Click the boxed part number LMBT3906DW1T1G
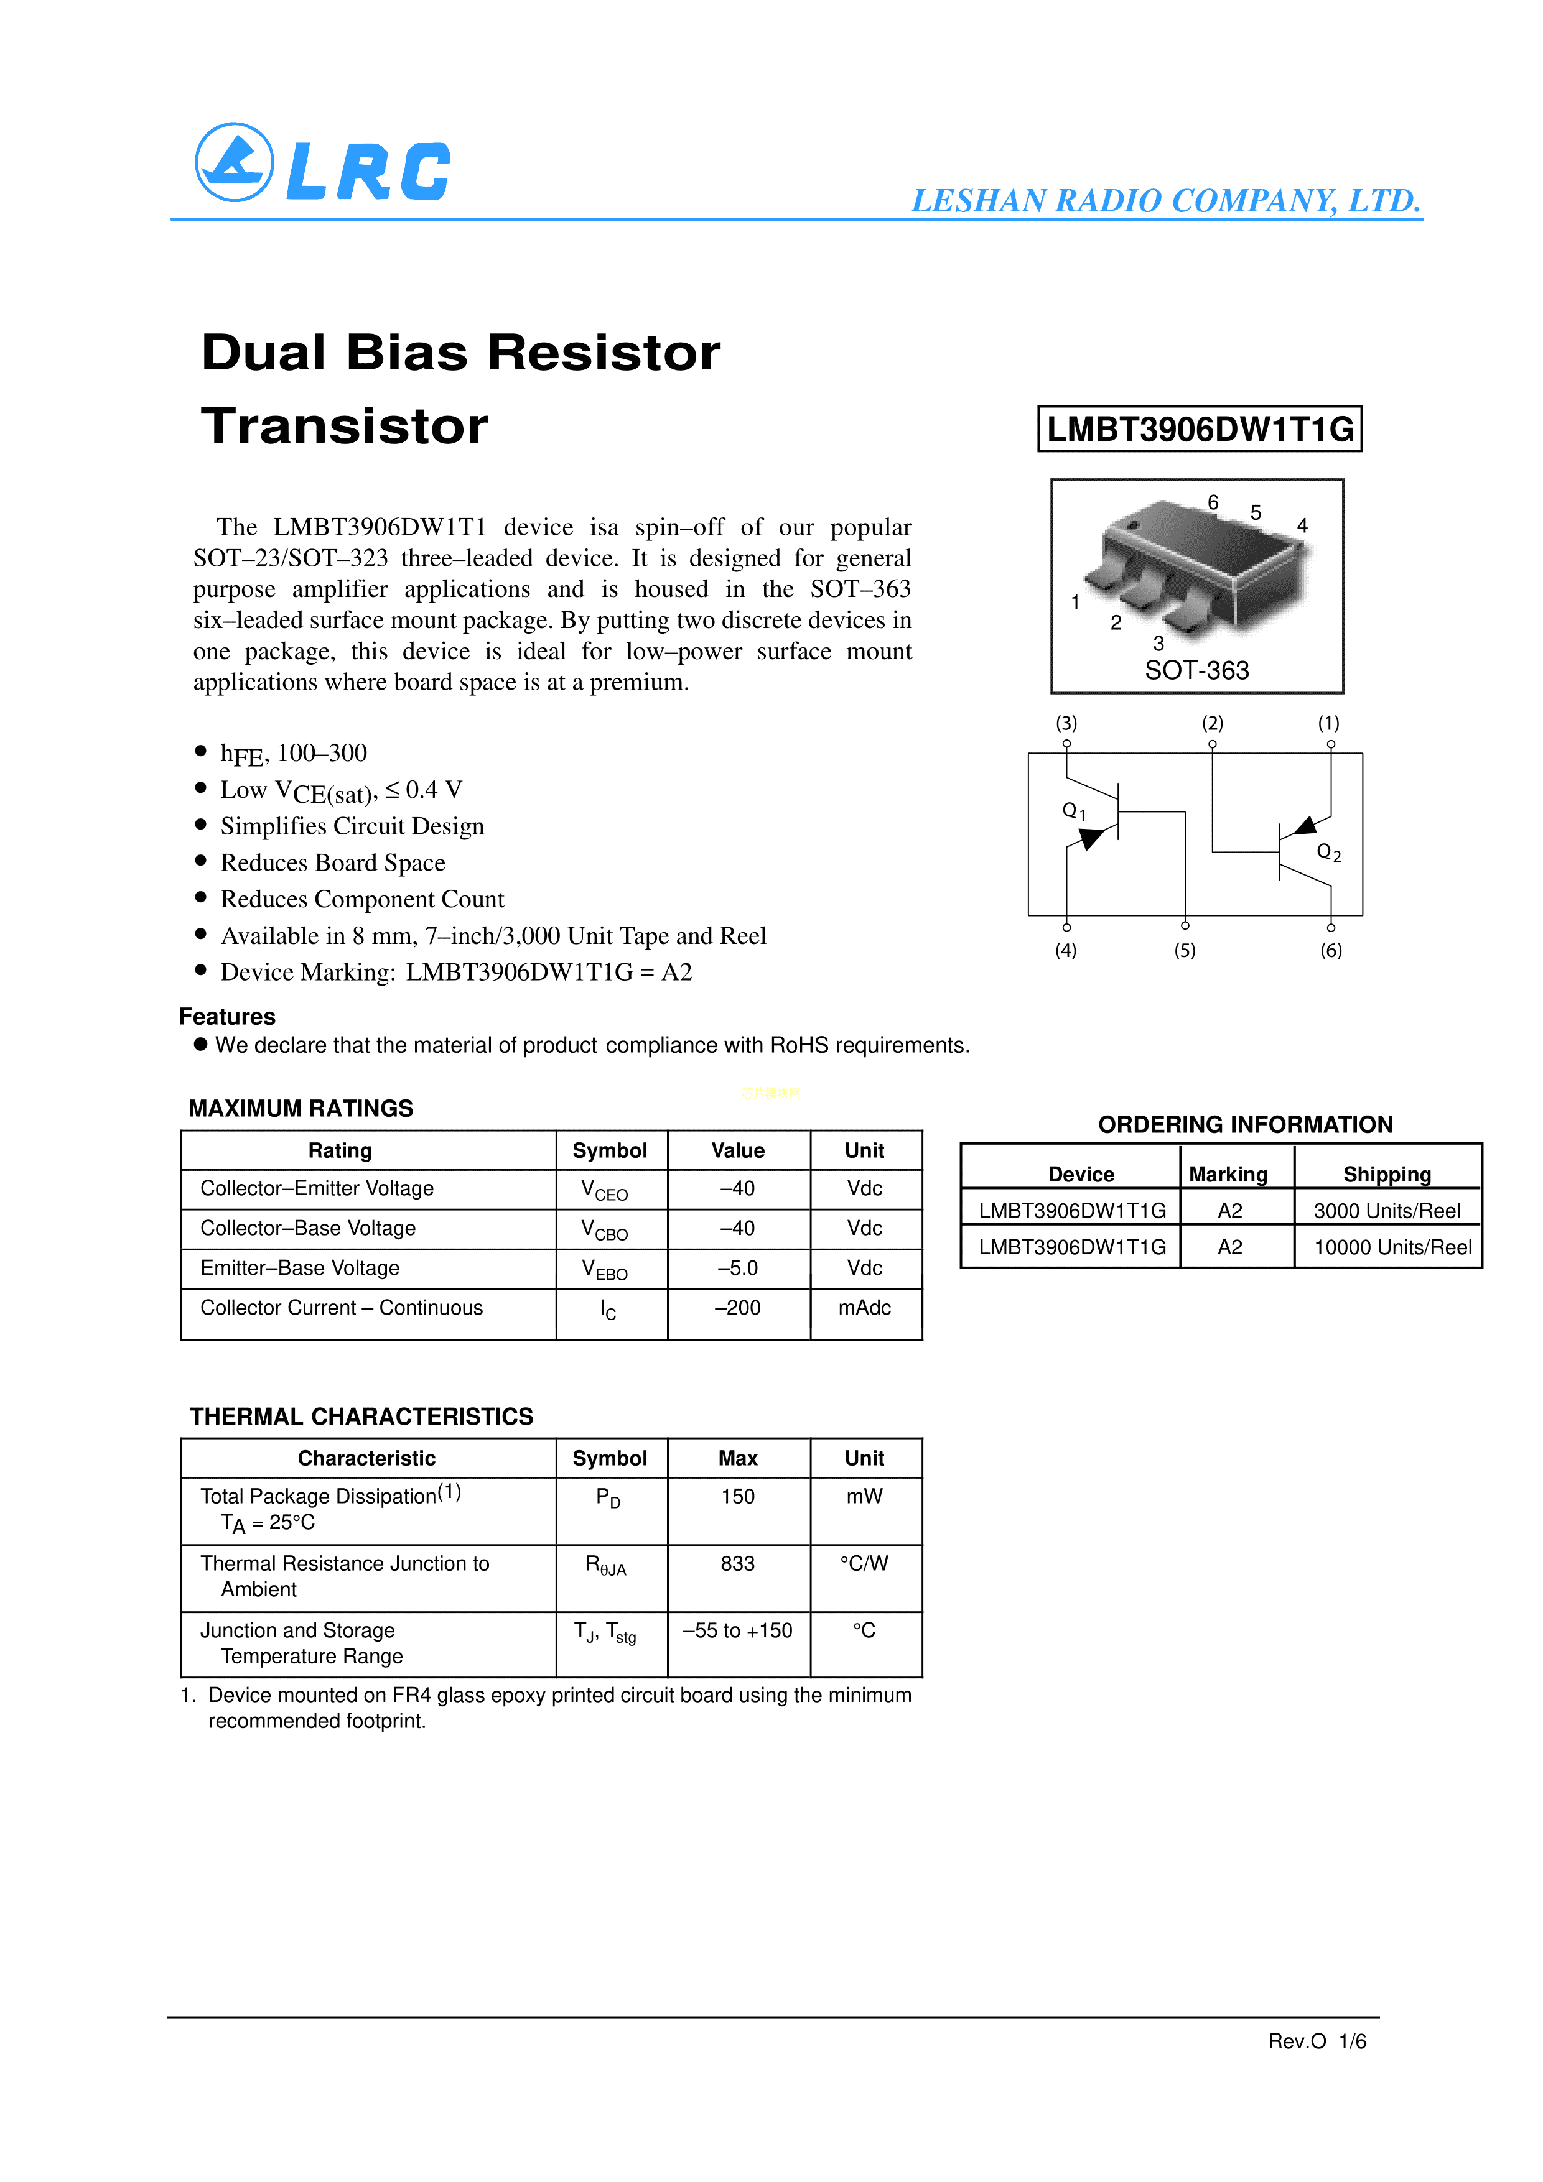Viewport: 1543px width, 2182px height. click(1199, 430)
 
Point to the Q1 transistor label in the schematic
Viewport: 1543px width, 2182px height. click(1073, 811)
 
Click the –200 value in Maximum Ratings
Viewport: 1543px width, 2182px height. click(738, 1308)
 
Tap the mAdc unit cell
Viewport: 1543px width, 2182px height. click(864, 1308)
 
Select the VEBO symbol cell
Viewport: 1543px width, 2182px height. click(605, 1270)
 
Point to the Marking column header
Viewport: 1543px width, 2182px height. click(1228, 1175)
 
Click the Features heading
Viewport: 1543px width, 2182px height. click(227, 1017)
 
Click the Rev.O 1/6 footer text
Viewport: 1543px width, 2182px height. click(1317, 2041)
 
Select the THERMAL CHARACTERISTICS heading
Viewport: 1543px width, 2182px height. click(361, 1417)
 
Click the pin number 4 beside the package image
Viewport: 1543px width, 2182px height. click(1302, 525)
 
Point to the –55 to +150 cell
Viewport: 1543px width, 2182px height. click(738, 1631)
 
